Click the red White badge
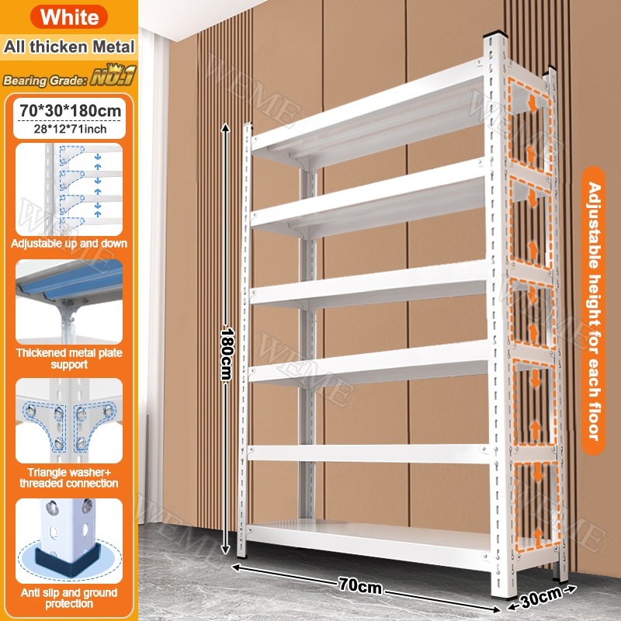point(69,16)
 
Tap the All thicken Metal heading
point(69,47)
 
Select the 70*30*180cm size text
point(70,111)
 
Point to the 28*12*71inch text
point(70,129)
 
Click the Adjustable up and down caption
point(69,243)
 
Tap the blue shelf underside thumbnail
point(69,302)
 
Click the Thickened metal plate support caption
point(69,359)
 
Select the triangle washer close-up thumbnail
point(69,421)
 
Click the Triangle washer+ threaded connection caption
point(69,477)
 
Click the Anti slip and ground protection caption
point(69,598)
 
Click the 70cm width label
point(360,586)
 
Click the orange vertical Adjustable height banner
point(593,311)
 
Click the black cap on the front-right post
point(495,34)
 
